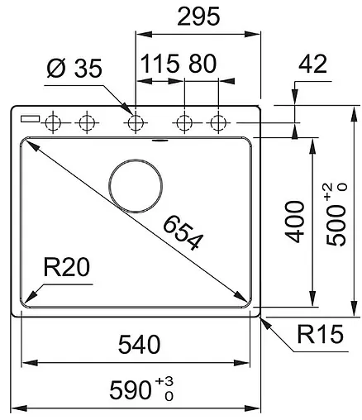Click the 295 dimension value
tap(198, 17)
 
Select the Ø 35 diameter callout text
tap(74, 68)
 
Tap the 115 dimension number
tap(160, 64)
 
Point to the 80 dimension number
tap(202, 64)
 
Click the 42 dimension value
tap(312, 64)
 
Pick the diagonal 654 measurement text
tap(183, 233)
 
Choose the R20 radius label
tap(67, 267)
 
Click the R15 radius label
tap(321, 334)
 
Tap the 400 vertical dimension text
tap(295, 222)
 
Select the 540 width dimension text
tap(139, 345)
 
